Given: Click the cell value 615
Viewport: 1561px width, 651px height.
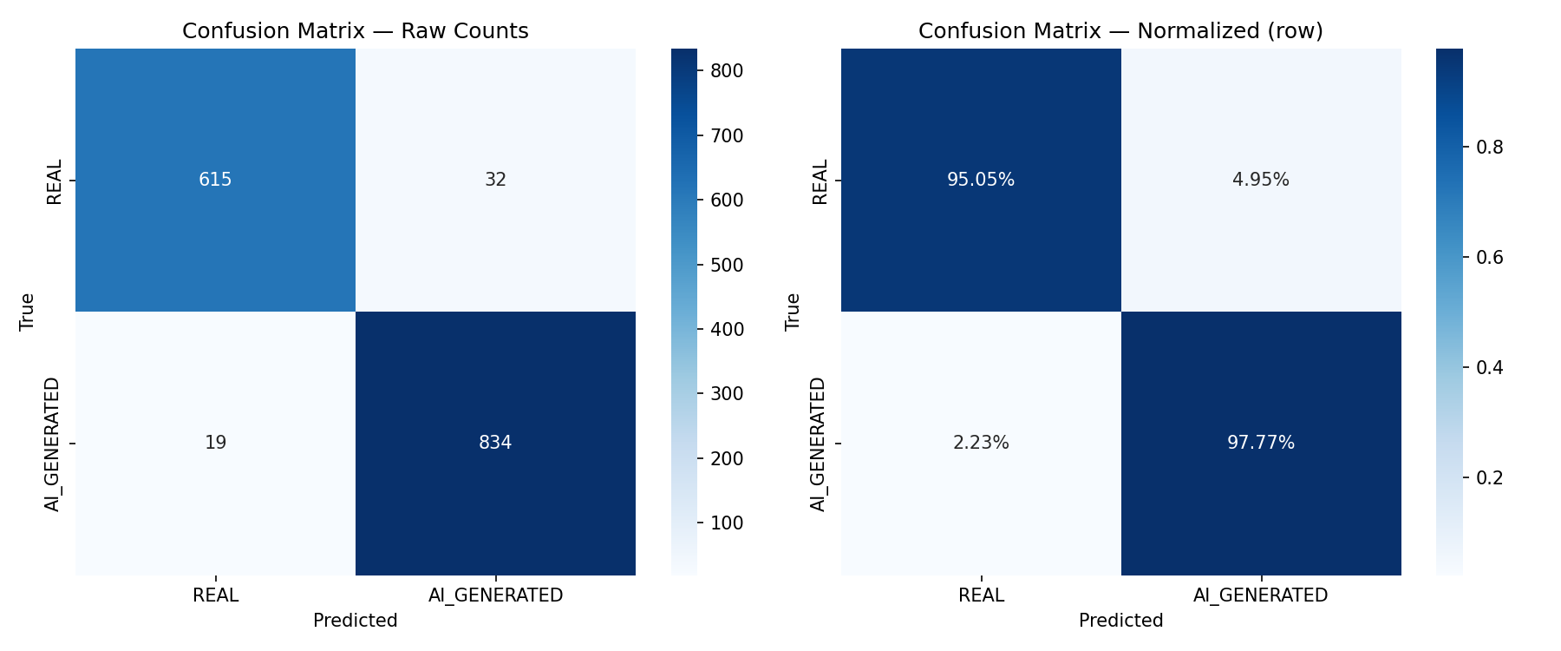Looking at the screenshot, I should (x=215, y=180).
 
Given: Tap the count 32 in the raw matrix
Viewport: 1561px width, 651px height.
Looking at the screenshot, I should (x=495, y=180).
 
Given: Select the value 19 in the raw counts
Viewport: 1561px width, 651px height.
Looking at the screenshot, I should (x=215, y=443).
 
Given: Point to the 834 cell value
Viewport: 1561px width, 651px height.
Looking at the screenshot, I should (x=495, y=443).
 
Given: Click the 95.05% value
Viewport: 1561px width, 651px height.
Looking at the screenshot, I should (x=981, y=180).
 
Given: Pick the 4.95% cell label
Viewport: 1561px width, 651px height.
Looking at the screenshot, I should (x=1261, y=180).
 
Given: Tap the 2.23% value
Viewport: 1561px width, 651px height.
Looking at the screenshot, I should (x=981, y=443).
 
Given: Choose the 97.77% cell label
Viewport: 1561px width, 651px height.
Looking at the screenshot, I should (x=1261, y=443).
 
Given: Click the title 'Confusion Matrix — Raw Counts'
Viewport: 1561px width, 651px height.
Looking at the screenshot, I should (x=355, y=31).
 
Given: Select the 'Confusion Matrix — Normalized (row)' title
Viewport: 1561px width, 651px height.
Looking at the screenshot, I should (x=1120, y=31).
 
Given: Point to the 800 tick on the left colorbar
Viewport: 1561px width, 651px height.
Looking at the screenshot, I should (x=727, y=71).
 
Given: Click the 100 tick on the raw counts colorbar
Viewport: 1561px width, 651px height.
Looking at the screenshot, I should (x=727, y=523).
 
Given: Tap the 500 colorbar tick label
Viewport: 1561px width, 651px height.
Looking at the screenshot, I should (x=727, y=265).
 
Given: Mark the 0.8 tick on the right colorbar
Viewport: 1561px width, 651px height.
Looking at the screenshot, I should (x=1490, y=147).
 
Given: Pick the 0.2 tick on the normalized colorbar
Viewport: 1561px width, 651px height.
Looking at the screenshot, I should (x=1490, y=477).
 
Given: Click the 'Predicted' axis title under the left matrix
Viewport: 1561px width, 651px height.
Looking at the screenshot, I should (x=355, y=621).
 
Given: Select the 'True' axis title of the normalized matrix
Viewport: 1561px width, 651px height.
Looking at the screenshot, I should (x=793, y=312).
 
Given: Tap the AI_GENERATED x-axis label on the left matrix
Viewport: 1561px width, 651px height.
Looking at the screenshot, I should (x=495, y=595).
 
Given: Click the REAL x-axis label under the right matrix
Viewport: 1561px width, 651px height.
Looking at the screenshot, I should (x=981, y=595).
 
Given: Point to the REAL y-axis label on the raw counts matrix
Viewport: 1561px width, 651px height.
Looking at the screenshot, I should (x=54, y=181).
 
